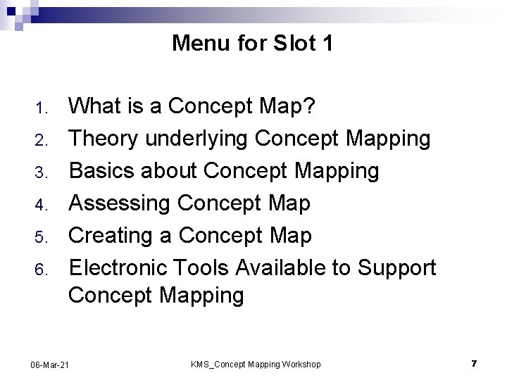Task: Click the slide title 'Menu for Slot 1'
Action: [x=253, y=44]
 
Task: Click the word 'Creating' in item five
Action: [x=111, y=236]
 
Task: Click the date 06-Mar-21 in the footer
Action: [x=50, y=364]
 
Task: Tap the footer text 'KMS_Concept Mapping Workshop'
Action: [x=256, y=364]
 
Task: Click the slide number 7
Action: [x=474, y=363]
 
